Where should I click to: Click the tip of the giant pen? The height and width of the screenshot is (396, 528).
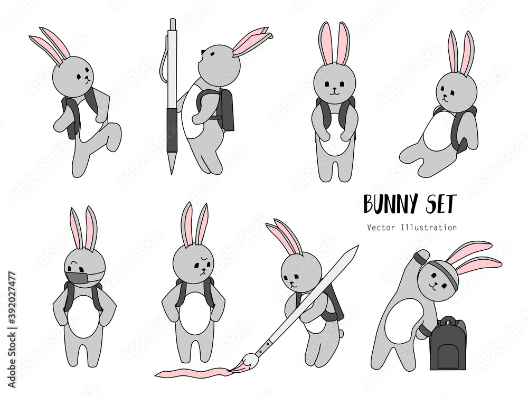(172, 173)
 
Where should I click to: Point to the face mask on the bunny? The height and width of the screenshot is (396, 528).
(80, 278)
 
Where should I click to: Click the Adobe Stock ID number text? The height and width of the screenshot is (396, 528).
(12, 328)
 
